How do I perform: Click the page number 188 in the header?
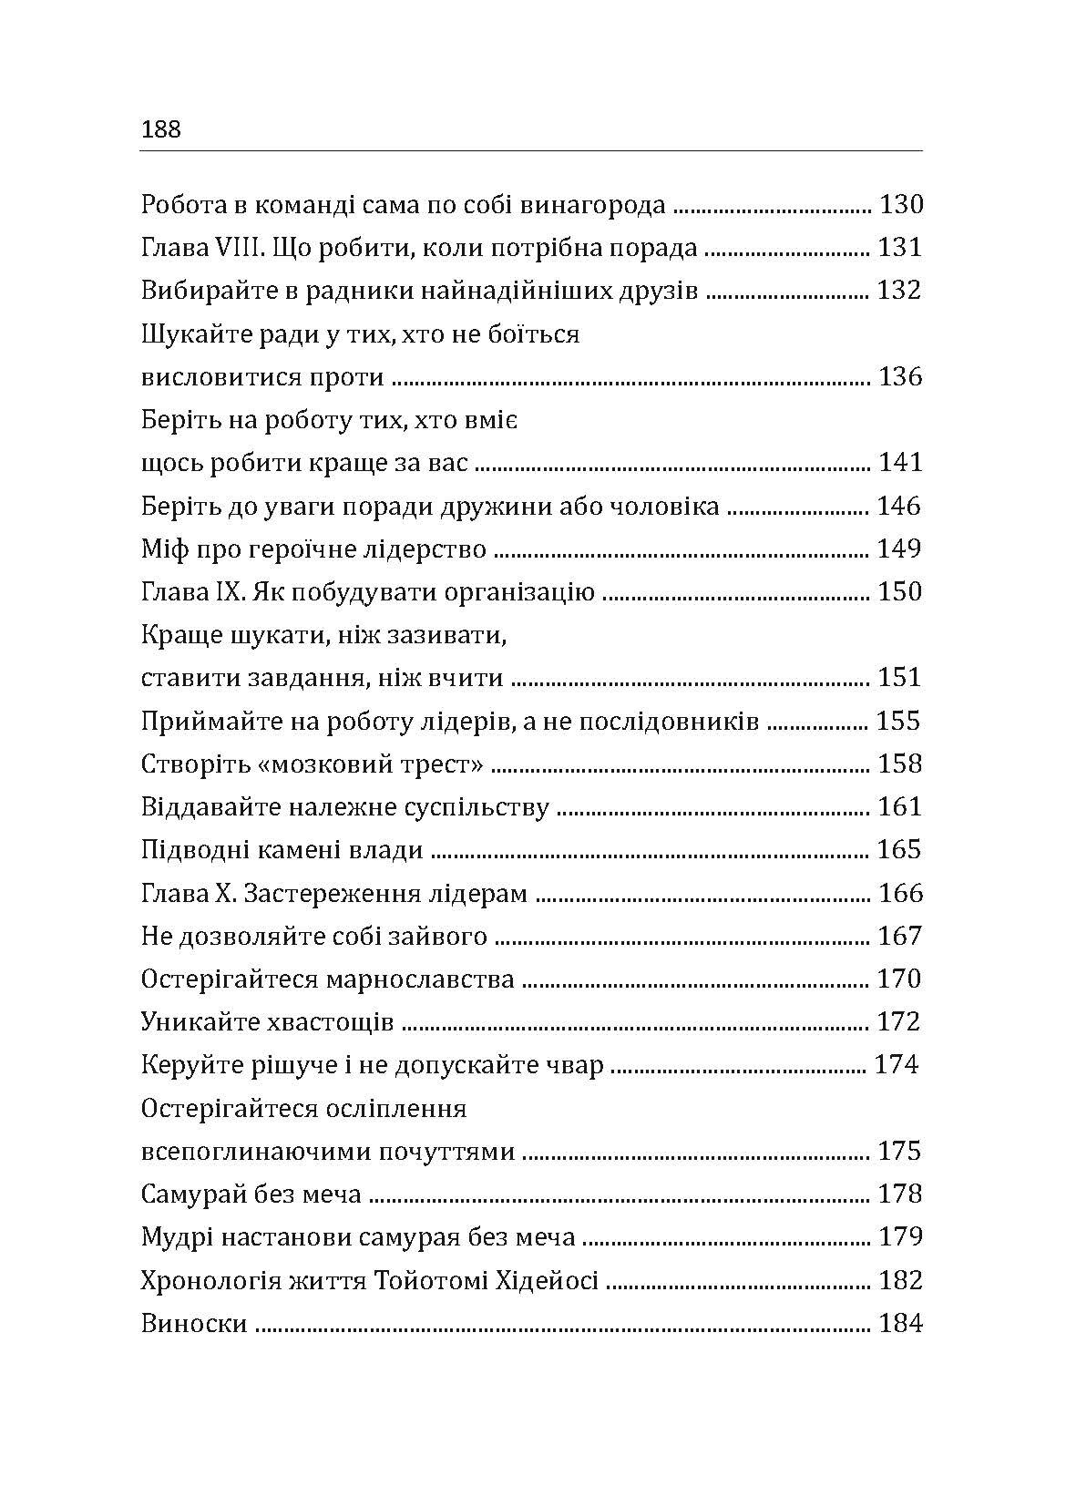coord(162,129)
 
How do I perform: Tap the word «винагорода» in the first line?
coord(592,205)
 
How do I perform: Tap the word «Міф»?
coord(164,549)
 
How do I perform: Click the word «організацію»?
coord(519,592)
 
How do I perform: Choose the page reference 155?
coord(899,722)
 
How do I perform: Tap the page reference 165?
coord(900,850)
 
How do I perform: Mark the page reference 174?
coord(897,1065)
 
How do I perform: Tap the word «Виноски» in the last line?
coord(194,1324)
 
